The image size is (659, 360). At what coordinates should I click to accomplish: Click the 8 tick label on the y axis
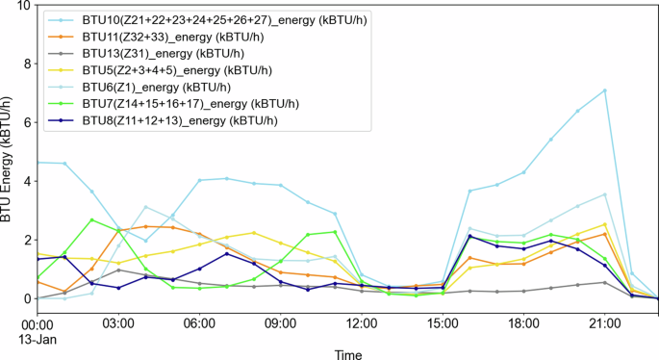(x=26, y=64)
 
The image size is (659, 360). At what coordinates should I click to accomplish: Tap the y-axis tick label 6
(x=26, y=123)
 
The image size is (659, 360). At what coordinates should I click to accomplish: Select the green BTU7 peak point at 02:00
(x=91, y=219)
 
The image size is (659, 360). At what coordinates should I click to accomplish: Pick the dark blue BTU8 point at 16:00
(x=469, y=236)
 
